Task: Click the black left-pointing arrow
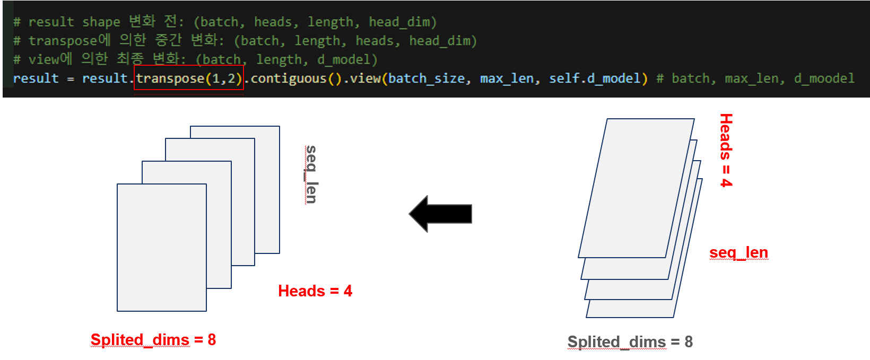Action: [x=440, y=214]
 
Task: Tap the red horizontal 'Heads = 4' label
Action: [x=315, y=291]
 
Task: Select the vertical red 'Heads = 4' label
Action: [x=726, y=150]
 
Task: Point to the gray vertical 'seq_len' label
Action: [x=311, y=174]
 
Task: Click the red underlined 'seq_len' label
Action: [x=738, y=252]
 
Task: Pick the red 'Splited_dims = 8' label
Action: [x=153, y=340]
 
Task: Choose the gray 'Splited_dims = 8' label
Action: [x=630, y=342]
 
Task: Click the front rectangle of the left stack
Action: [x=161, y=247]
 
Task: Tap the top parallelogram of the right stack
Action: [x=636, y=188]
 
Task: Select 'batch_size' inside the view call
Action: [x=427, y=78]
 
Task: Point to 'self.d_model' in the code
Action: [x=595, y=78]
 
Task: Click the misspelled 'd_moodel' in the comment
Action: [x=824, y=78]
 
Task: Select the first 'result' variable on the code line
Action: [x=36, y=78]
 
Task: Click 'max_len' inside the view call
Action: [x=506, y=78]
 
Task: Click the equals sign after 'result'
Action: [x=71, y=79]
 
